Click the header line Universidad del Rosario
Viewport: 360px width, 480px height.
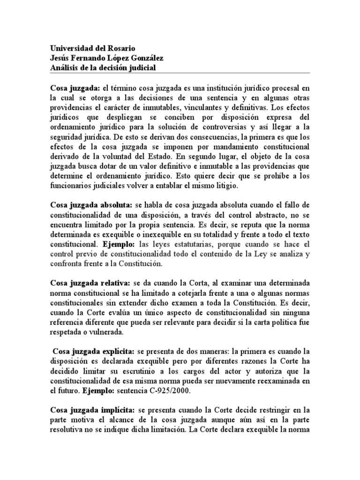pyautogui.click(x=92, y=48)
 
